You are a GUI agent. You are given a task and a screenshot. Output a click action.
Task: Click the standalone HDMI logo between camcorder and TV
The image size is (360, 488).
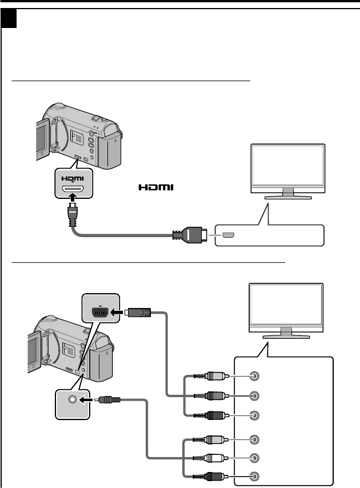click(x=155, y=187)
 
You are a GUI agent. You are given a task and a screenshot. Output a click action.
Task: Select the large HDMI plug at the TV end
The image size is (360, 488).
click(x=190, y=234)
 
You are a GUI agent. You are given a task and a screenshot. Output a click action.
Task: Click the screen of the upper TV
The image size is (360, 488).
click(x=289, y=166)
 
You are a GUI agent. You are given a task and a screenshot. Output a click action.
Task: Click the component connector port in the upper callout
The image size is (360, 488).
click(x=101, y=312)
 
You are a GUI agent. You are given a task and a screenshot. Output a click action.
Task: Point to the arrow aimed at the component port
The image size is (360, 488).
click(x=119, y=312)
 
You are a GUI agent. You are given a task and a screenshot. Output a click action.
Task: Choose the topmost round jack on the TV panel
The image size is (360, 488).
click(x=255, y=377)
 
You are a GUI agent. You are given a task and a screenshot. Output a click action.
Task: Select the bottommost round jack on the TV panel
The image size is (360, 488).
click(x=255, y=476)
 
